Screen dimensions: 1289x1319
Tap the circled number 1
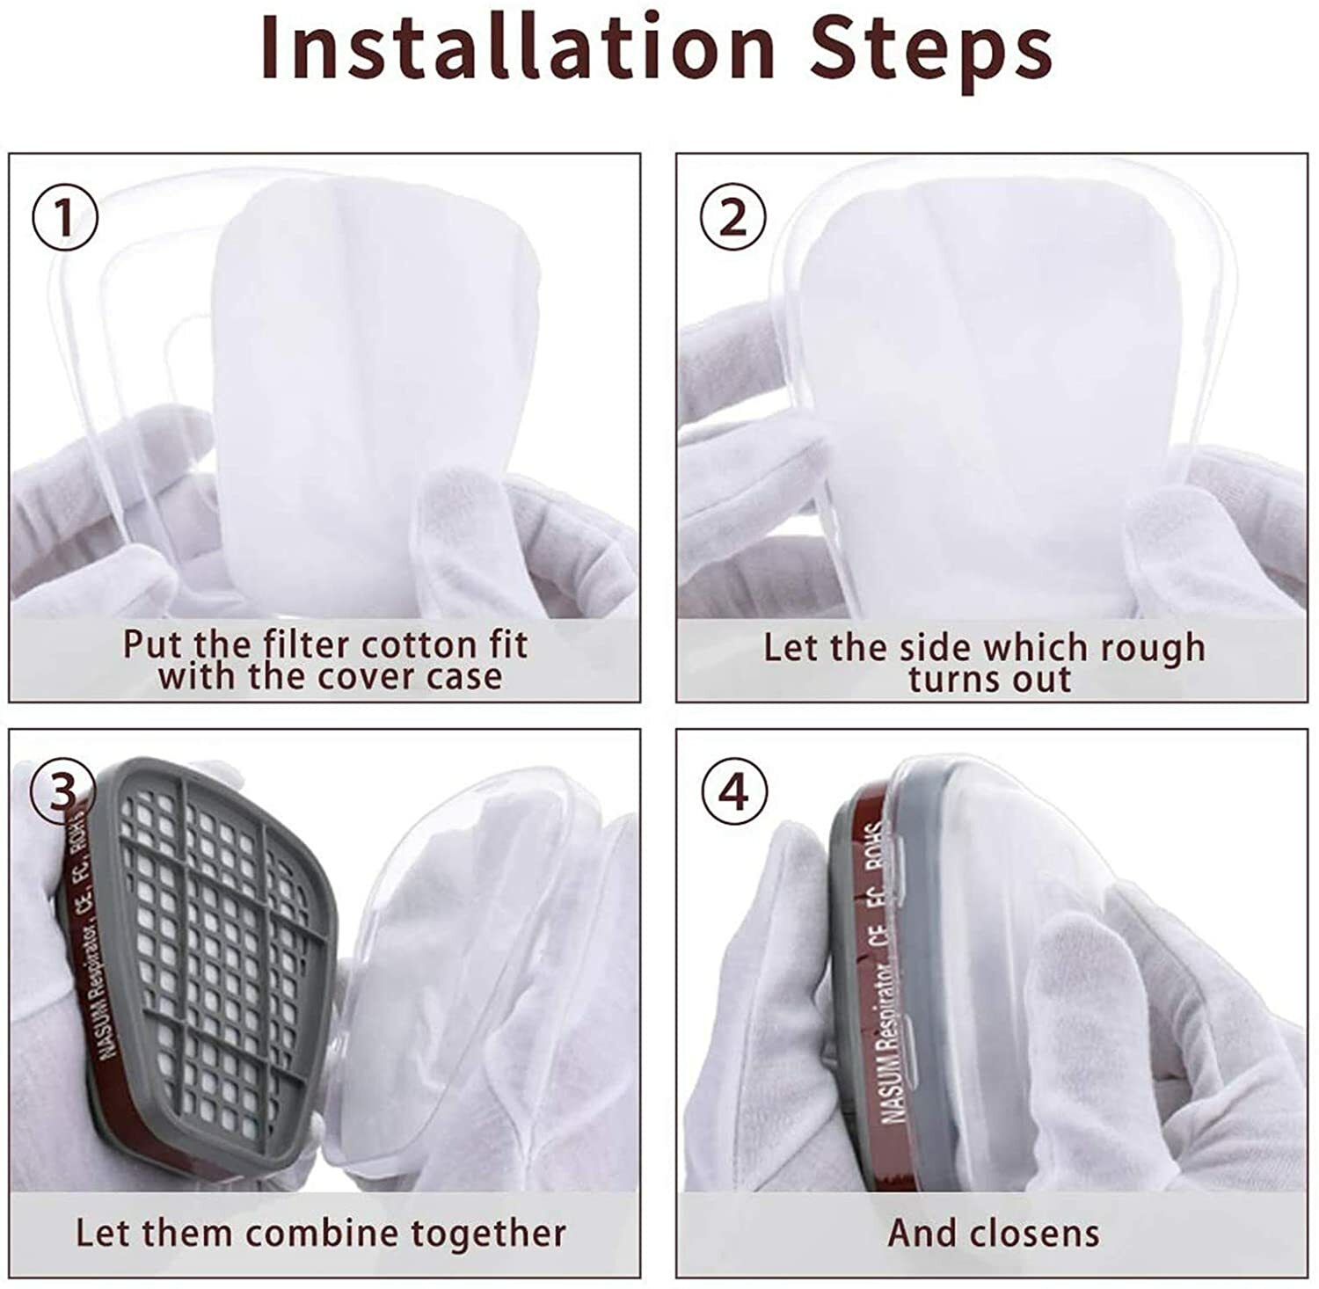65,218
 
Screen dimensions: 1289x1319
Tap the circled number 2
732,218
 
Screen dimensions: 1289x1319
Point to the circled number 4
733,792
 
